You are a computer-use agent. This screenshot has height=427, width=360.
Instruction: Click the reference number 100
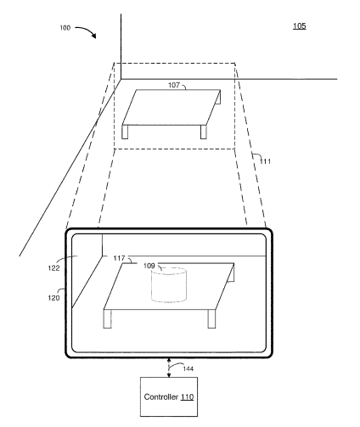click(x=65, y=28)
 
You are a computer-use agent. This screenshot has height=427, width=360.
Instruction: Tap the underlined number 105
click(x=299, y=26)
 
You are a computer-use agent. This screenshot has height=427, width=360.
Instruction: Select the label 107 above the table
click(x=174, y=85)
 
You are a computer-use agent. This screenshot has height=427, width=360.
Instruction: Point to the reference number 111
click(x=265, y=161)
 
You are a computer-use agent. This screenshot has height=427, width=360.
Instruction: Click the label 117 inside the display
click(x=119, y=258)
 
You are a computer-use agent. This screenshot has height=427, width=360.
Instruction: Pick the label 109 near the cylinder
click(x=149, y=266)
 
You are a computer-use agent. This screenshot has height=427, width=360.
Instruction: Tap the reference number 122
click(x=53, y=268)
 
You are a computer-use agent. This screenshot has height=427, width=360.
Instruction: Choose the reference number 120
click(x=53, y=298)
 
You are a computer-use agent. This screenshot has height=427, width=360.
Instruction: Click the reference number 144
click(x=188, y=368)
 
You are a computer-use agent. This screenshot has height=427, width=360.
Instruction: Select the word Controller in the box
click(x=161, y=396)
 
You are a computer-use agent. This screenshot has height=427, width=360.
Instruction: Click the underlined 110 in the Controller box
click(x=187, y=397)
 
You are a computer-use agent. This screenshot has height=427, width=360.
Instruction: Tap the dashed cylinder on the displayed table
click(x=169, y=285)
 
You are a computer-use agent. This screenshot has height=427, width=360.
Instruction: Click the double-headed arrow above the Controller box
click(x=169, y=368)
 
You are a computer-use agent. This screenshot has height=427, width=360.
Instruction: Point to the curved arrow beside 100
click(x=86, y=31)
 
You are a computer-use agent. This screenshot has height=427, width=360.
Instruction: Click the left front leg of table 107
click(x=125, y=132)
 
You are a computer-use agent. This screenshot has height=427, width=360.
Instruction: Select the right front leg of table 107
click(x=204, y=132)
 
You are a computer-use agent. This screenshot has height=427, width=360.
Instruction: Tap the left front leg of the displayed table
click(x=107, y=318)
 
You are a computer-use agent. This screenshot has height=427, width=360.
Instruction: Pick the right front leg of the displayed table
click(x=211, y=318)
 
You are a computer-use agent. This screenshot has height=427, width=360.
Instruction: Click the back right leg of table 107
click(x=218, y=98)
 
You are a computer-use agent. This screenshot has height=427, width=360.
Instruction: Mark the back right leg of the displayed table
click(x=231, y=273)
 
